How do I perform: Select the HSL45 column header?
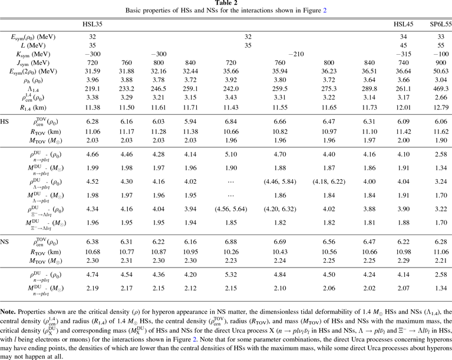click(403, 25)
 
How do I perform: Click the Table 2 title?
click(226, 4)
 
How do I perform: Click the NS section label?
click(6, 241)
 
